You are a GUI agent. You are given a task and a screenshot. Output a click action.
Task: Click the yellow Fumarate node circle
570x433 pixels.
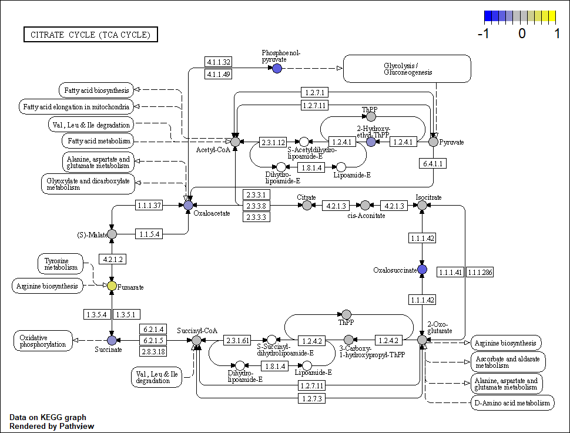[x=112, y=286]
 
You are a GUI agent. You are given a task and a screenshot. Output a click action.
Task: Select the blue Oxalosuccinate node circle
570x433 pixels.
[x=422, y=269]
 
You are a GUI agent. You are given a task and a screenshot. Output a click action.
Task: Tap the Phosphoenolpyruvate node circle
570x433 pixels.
[x=277, y=69]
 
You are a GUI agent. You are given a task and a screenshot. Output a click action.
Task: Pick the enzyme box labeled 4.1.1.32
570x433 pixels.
[x=219, y=62]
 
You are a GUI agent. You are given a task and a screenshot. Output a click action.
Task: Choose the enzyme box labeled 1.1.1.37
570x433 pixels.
[x=149, y=205]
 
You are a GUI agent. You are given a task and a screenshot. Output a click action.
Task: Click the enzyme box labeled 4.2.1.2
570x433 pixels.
[x=111, y=259]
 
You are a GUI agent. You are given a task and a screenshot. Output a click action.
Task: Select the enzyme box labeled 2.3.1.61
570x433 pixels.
[x=237, y=340]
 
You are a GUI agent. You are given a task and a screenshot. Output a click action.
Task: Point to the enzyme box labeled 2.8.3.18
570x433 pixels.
[x=153, y=351]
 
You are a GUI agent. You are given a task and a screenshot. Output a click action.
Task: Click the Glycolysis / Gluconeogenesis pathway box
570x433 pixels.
[x=407, y=69]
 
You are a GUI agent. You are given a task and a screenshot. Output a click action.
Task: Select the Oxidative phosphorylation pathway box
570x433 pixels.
[x=43, y=341]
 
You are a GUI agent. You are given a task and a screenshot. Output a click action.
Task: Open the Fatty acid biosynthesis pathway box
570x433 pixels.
[x=95, y=90]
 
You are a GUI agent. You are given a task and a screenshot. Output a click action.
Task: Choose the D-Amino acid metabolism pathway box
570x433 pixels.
[x=512, y=402]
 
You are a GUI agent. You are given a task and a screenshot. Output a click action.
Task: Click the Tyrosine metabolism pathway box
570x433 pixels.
[x=61, y=264]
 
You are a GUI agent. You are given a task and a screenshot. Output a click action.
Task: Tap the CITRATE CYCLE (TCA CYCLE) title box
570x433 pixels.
[x=90, y=35]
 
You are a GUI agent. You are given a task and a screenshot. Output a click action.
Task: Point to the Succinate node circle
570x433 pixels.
[x=112, y=340]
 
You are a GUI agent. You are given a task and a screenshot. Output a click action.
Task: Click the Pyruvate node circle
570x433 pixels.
[x=434, y=142]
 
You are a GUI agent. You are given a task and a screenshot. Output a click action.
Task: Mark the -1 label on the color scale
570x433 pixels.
[x=484, y=33]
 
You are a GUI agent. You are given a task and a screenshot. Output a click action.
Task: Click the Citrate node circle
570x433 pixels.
[x=307, y=205]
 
